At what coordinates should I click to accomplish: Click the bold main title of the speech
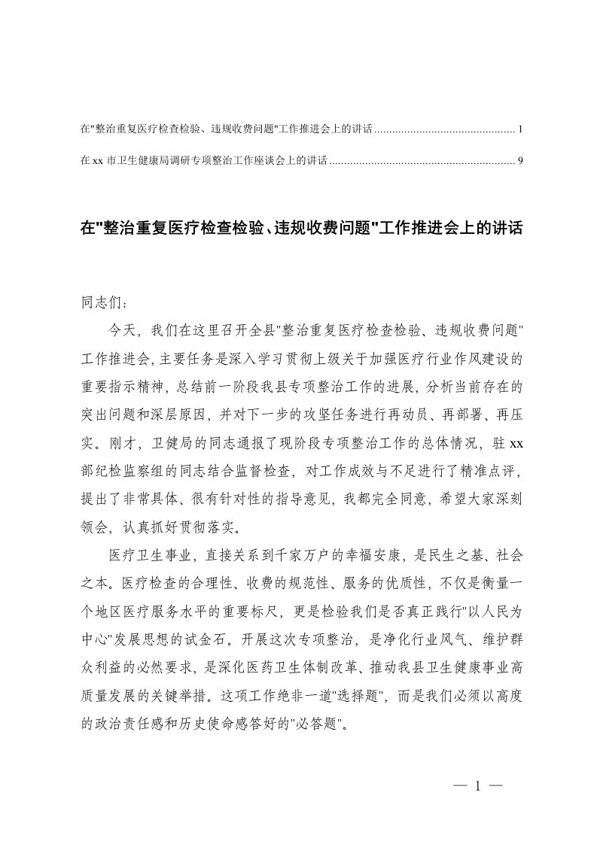(301, 227)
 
